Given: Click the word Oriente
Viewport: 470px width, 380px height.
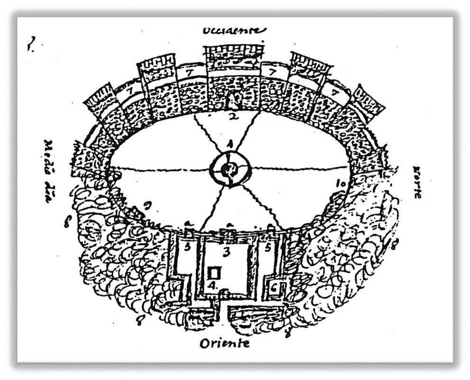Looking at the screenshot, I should click(x=224, y=342).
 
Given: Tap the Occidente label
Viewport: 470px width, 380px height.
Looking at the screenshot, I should click(x=234, y=31).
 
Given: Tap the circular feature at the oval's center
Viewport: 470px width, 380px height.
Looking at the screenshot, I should click(x=230, y=168).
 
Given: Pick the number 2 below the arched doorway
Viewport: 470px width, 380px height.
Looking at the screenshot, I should click(x=232, y=115).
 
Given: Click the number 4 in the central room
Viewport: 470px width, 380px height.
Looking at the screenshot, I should click(x=213, y=285).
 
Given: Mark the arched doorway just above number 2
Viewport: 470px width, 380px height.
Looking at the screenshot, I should click(x=233, y=100).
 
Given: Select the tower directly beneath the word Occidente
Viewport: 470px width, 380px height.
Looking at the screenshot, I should click(x=233, y=59).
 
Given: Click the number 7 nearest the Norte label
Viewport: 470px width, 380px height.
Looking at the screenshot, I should click(x=335, y=93).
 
